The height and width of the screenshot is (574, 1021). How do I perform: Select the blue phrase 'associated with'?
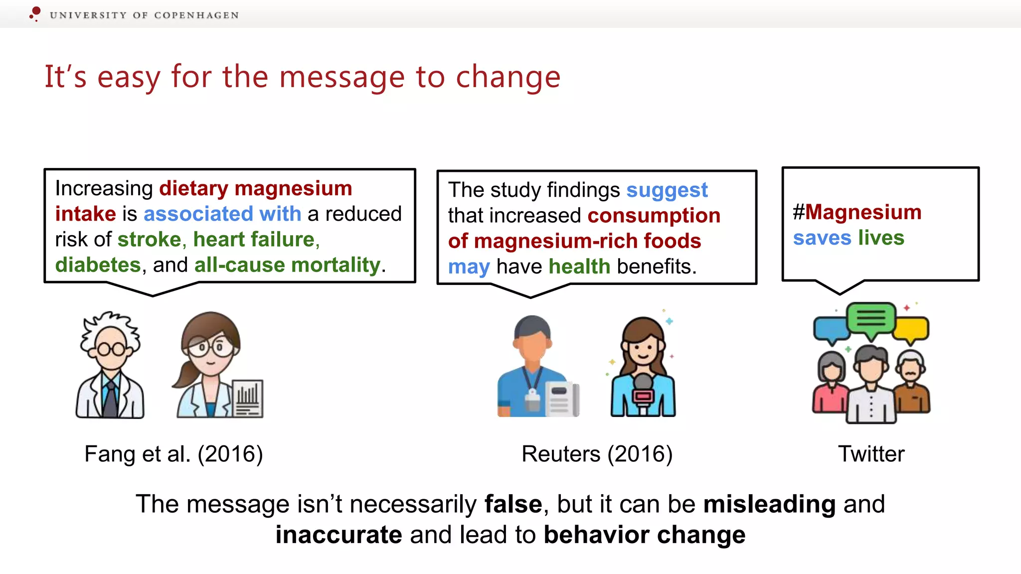point(222,214)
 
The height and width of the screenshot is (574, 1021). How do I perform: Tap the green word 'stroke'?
point(149,240)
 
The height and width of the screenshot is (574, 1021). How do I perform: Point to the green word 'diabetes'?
point(98,265)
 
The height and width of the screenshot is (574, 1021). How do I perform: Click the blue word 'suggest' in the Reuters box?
point(667,190)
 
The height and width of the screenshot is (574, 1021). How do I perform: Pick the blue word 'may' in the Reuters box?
point(469,267)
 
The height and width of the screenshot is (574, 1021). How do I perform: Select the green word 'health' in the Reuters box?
point(579,267)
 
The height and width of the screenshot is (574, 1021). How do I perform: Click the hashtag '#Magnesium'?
point(857,212)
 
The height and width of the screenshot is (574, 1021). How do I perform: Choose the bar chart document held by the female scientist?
point(248,399)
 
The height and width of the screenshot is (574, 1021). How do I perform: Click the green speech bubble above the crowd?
point(871,318)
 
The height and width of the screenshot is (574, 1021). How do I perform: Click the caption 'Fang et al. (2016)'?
point(173,454)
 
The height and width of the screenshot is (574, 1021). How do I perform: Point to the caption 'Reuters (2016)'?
point(597,454)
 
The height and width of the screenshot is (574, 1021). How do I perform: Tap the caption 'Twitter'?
point(871,454)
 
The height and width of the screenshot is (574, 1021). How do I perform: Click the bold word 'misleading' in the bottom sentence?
point(769,504)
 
